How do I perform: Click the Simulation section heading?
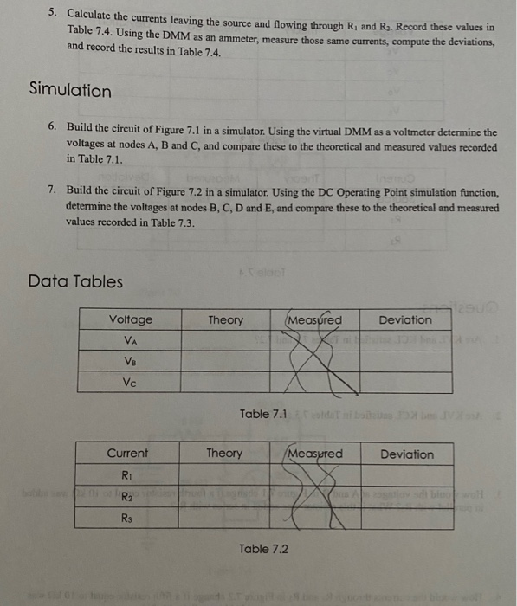tap(70, 90)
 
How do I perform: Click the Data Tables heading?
tap(75, 281)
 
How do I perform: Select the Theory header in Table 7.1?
tap(226, 320)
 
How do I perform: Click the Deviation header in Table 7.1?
tap(405, 320)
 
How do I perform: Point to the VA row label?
tap(130, 341)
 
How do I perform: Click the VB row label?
tap(130, 362)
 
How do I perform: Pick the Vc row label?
tap(130, 383)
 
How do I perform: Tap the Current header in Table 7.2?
tap(127, 454)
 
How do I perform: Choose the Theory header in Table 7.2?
tap(223, 454)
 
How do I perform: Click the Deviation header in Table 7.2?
tap(407, 454)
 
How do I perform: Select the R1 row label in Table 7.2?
tap(126, 475)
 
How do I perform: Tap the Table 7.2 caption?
tap(263, 549)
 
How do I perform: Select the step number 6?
tap(53, 126)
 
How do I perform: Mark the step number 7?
tap(53, 190)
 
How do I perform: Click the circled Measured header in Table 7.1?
tap(313, 320)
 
